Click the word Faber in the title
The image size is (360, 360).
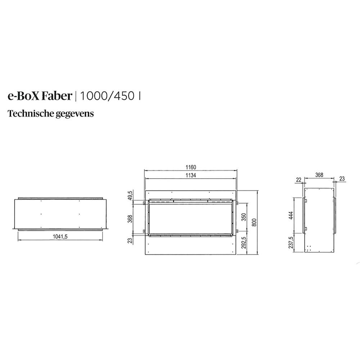[x=59, y=96]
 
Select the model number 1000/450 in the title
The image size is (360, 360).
[x=107, y=96]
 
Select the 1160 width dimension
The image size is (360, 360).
[x=191, y=167]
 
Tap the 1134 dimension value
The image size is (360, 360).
[x=191, y=175]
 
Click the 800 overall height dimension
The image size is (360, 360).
[x=255, y=222]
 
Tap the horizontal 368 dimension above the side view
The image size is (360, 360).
[x=319, y=175]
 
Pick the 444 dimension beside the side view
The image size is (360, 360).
[x=291, y=215]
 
